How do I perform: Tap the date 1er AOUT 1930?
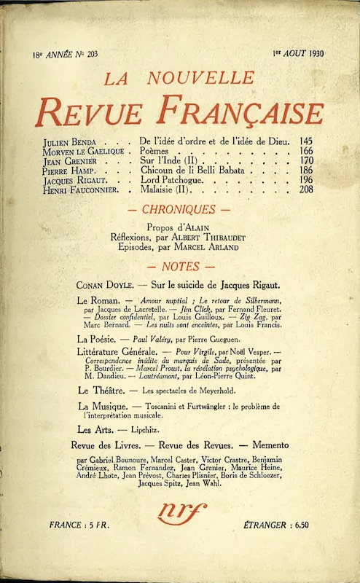pos(298,53)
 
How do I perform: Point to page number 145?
pos(308,140)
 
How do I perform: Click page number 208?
pos(308,189)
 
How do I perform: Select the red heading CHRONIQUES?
pos(180,209)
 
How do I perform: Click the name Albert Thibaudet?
pos(207,236)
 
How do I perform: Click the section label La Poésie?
pos(98,339)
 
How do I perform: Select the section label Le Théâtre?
pos(100,391)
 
